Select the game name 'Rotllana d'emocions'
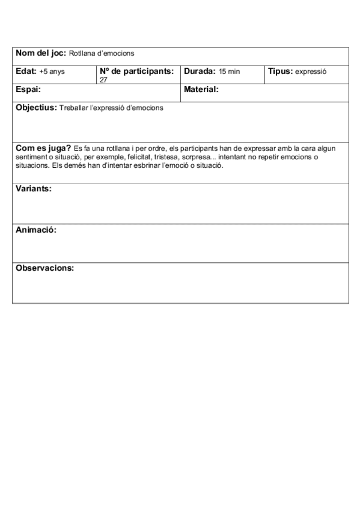[x=102, y=54]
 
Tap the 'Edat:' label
[x=26, y=71]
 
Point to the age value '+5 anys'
[x=52, y=72]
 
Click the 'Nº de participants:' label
[x=137, y=71]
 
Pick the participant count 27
[x=103, y=79]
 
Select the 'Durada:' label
[x=200, y=71]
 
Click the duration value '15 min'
[x=229, y=72]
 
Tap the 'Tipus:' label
[x=280, y=71]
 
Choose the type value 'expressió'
[x=311, y=72]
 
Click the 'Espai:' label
[x=28, y=90]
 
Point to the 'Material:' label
[x=201, y=90]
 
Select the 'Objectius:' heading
[x=36, y=108]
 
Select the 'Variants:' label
[x=33, y=188]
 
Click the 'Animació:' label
[x=35, y=230]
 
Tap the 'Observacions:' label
[x=44, y=268]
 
